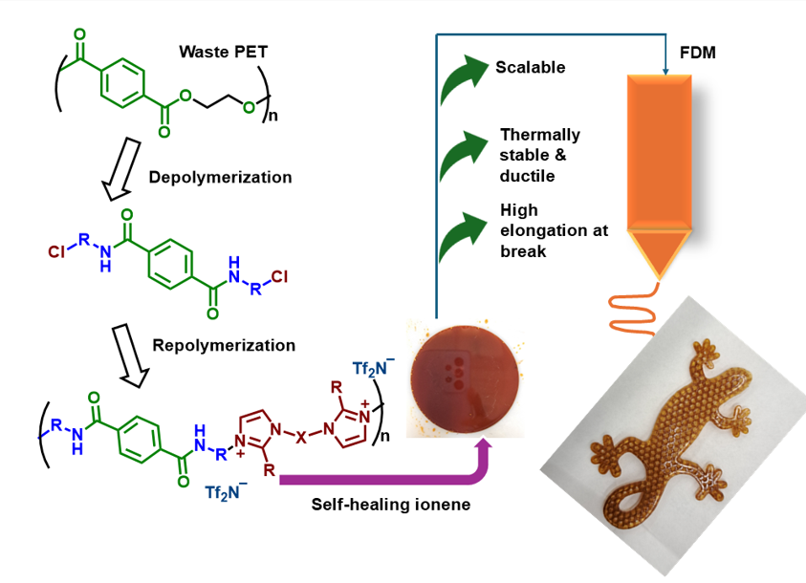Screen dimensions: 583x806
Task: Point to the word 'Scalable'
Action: (x=531, y=68)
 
